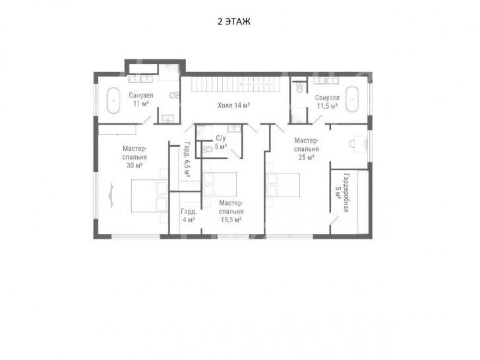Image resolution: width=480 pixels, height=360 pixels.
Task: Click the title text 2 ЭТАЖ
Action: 234,21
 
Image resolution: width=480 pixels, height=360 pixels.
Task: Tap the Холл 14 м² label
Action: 233,105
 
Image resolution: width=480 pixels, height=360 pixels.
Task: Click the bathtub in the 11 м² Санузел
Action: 113,100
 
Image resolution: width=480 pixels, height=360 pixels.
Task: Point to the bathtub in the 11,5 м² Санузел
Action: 352,99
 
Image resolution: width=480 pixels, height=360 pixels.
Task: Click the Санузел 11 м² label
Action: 141,100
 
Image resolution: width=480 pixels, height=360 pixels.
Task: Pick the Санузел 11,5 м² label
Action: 327,102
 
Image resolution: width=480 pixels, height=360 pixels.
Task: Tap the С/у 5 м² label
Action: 221,142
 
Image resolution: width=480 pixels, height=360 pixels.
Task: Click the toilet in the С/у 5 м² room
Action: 207,149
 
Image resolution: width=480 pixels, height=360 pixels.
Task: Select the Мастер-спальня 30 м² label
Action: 135,157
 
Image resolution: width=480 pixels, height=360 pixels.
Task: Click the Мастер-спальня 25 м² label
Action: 307,149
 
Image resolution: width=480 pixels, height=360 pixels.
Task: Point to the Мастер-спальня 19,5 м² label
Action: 231,212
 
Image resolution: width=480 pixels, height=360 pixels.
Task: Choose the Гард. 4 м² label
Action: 189,216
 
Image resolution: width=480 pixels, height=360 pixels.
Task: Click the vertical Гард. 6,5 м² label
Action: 187,160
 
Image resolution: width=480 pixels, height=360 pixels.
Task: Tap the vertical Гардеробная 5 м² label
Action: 343,193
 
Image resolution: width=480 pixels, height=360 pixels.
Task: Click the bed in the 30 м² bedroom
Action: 150,196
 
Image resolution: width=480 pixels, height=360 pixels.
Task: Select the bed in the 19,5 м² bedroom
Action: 220,185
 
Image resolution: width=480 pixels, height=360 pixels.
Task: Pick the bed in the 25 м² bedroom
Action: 283,185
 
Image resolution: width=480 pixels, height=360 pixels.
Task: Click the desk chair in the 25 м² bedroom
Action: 352,143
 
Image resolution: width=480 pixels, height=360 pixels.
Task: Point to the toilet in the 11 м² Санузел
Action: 174,95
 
